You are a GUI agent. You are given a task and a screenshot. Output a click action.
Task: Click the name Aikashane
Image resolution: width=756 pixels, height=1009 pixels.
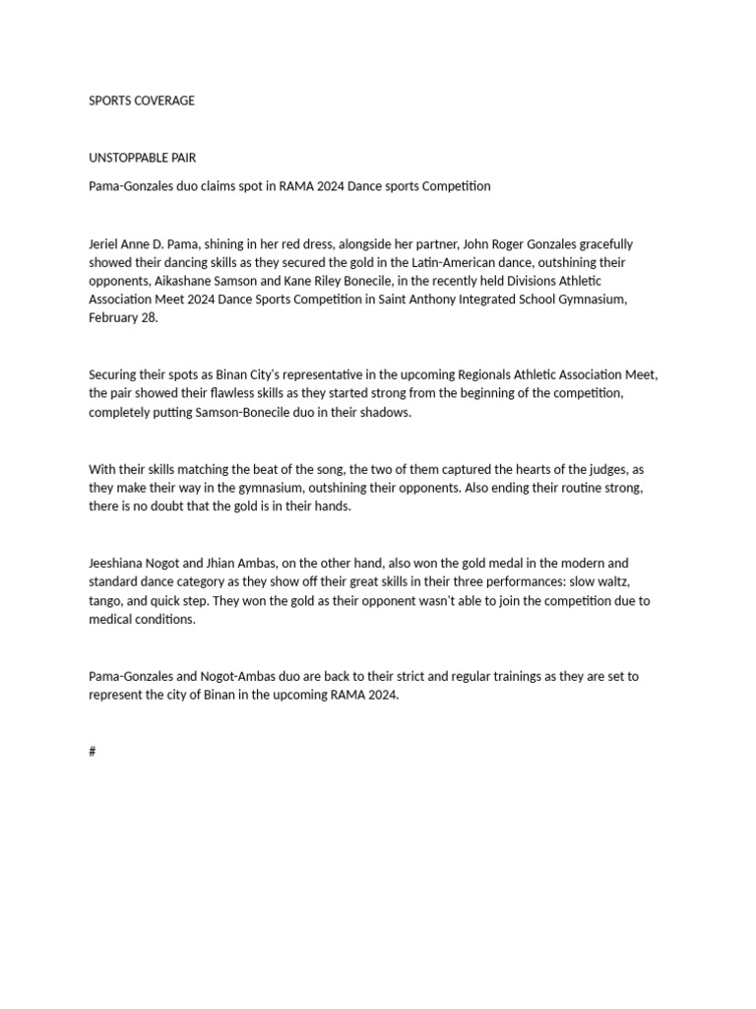(187, 281)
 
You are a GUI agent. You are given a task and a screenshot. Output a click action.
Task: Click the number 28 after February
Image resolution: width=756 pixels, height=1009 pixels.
(148, 318)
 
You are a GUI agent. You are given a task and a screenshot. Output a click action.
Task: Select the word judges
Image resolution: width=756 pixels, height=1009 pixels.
(604, 470)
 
